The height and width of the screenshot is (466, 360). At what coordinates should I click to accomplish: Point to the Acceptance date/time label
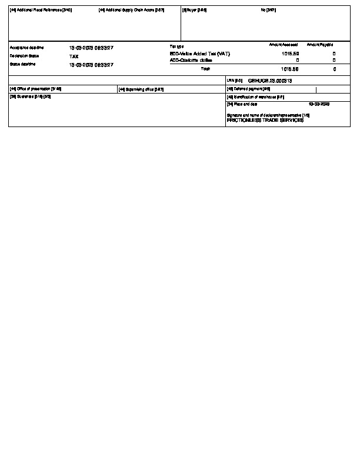click(26, 47)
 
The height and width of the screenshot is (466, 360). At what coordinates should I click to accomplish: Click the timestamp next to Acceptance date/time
click(91, 47)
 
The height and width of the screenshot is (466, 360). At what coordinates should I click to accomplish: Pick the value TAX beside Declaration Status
click(74, 56)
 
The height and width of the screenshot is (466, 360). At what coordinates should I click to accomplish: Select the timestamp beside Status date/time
click(91, 65)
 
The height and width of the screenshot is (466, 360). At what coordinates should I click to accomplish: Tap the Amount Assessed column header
click(284, 45)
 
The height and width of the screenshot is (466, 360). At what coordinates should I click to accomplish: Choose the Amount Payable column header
click(320, 45)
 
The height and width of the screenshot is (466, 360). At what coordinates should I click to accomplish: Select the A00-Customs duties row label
click(189, 60)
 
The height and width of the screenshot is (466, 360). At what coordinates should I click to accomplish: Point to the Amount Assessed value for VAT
click(290, 53)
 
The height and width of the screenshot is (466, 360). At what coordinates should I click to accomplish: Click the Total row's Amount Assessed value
click(290, 69)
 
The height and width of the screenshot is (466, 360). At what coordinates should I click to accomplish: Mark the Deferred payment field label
click(248, 89)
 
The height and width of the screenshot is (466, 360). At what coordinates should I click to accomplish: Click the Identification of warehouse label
click(255, 96)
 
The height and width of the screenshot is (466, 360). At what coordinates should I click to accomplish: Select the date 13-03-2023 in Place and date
click(318, 104)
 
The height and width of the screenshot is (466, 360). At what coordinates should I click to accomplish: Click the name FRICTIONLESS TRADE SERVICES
click(265, 119)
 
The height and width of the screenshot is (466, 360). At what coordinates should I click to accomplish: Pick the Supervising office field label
click(141, 89)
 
